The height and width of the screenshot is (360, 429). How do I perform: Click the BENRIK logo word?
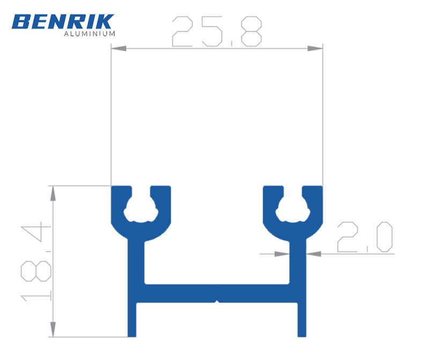coord(62,21)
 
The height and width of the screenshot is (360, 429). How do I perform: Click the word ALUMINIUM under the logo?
coord(90,34)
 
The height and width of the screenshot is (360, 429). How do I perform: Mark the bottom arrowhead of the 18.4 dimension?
coord(53,329)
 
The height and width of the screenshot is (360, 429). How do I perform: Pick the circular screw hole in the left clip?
coord(141,210)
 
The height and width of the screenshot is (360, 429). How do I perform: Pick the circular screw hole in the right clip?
coord(293,210)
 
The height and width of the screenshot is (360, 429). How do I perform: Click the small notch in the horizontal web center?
coord(217,302)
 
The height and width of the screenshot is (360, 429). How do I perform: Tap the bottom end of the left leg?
coord(132,335)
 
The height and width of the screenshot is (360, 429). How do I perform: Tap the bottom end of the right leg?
coord(301,335)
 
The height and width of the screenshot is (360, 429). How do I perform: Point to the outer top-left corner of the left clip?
coord(112,187)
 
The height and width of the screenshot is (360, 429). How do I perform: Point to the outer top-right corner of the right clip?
coord(322,187)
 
